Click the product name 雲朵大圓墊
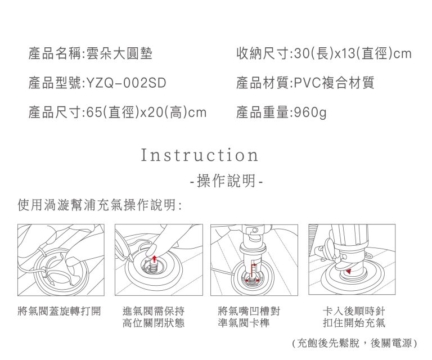point(119,53)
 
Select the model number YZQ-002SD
point(127,83)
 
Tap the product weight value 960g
point(310,112)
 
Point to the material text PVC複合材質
point(334,83)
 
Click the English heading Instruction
point(200,155)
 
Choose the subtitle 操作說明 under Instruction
point(226,181)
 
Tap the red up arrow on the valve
point(154,259)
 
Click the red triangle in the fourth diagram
point(349,271)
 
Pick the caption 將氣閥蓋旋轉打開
point(59,311)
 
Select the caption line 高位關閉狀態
point(154,323)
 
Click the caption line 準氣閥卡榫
point(244,323)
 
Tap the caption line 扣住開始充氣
point(354,323)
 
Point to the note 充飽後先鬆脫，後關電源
point(354,343)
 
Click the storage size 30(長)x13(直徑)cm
point(353,53)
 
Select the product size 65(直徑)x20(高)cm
point(146,112)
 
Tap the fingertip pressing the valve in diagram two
point(151,251)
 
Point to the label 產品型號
point(55,83)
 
